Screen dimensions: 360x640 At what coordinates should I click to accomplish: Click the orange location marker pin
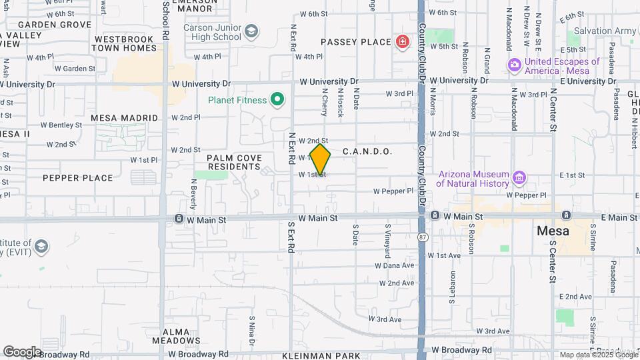click(320, 160)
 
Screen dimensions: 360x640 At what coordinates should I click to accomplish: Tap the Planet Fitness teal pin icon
click(277, 101)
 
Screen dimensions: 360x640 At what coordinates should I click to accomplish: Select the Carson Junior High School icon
click(251, 31)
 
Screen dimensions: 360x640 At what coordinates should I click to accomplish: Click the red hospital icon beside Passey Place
click(403, 42)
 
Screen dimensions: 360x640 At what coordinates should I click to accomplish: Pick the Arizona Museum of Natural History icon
click(519, 178)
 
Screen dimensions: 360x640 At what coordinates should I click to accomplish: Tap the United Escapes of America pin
click(514, 65)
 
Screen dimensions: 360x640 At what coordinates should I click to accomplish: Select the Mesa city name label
click(553, 231)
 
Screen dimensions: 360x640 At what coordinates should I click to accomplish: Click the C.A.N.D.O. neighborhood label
click(367, 152)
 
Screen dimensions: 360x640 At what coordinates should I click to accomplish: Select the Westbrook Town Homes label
click(123, 43)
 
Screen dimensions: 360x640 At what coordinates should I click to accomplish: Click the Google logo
click(22, 351)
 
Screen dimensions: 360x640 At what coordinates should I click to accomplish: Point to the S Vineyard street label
click(387, 241)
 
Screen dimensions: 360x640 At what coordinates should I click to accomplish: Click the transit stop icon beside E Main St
click(565, 215)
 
